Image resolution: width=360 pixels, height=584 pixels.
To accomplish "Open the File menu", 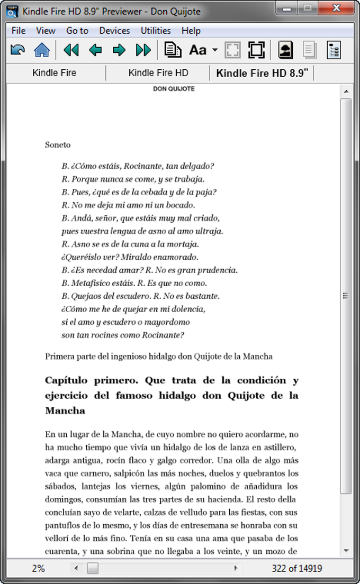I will (18, 31).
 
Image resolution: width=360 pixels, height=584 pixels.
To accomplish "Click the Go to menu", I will (77, 31).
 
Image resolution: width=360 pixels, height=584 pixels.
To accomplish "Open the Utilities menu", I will (156, 31).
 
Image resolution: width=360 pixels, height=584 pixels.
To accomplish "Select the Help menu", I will (191, 31).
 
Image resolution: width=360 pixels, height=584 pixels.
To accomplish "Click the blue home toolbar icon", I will (42, 50).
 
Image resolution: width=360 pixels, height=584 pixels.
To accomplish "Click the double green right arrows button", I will (143, 50).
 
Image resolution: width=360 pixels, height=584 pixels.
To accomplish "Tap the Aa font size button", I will (198, 50).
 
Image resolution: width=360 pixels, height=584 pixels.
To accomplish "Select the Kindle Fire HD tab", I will (158, 73).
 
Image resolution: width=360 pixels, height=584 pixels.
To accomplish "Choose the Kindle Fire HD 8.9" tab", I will (262, 73).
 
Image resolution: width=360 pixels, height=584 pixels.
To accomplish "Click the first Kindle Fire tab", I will (54, 73).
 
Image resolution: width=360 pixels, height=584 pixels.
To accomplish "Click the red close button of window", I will (335, 9).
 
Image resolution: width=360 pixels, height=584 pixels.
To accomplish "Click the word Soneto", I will (58, 144).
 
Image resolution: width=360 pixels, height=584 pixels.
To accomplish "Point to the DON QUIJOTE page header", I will (174, 89).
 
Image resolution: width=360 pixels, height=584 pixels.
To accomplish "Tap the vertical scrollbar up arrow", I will (346, 92).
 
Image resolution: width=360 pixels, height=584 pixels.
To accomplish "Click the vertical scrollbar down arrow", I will (346, 550).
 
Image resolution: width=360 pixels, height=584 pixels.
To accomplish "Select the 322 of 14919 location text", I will (297, 569).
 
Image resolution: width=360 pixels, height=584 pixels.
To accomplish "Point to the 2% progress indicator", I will (38, 569).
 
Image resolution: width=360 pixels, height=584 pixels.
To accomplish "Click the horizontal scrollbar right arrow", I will (236, 569).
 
